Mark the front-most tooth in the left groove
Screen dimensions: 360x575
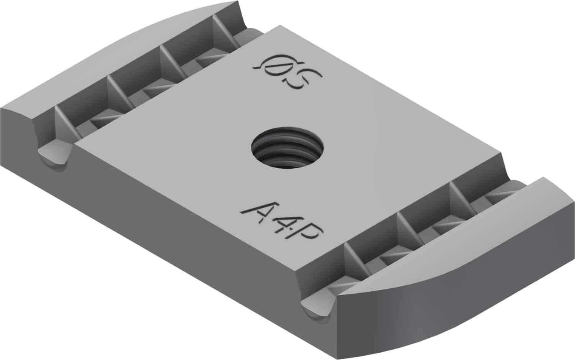click(x=65, y=123)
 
